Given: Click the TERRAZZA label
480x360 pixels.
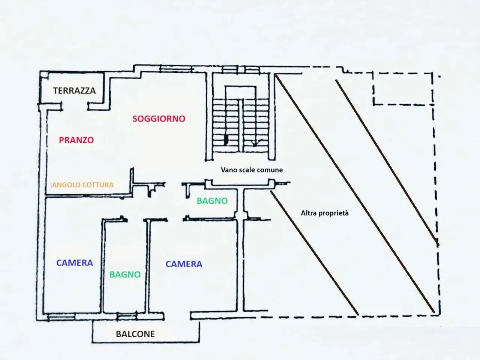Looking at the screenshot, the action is click(74, 90).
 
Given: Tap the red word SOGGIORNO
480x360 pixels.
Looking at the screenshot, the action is click(159, 119).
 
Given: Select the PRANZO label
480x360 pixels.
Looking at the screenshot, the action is click(76, 140).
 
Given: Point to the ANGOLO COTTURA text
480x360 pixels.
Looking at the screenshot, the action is click(83, 185).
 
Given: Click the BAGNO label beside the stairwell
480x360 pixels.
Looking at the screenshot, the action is click(212, 201).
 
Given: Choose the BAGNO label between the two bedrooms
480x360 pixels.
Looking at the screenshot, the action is click(125, 274).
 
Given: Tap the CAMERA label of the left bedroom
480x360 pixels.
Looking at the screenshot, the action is click(75, 263).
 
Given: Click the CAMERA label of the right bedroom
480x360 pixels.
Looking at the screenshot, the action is click(184, 264).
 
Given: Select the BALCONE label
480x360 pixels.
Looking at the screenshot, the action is click(135, 334).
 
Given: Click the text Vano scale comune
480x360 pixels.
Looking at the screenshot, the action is click(252, 170).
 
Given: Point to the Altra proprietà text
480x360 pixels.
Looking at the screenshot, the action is click(325, 213).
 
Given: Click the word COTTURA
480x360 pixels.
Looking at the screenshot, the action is click(98, 185).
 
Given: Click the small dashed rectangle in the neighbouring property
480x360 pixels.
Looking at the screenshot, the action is click(403, 89).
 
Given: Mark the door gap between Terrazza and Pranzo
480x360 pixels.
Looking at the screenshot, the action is click(75, 106).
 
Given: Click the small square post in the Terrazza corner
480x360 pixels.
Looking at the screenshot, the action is click(43, 75).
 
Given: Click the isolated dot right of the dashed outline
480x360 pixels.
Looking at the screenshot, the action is click(439, 77).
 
